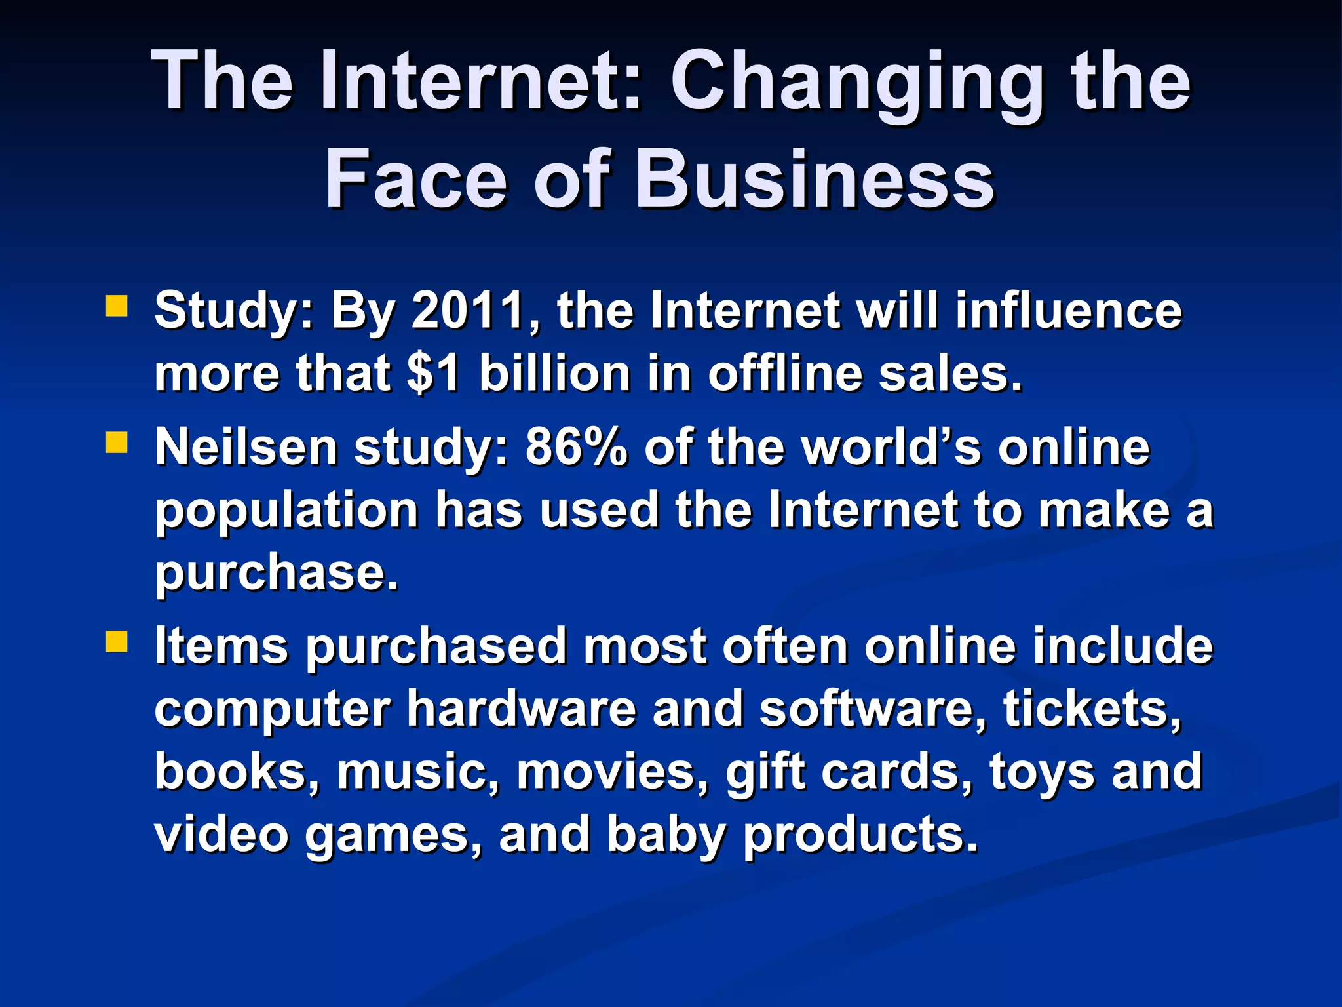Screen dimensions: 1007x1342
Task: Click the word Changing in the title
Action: tap(856, 84)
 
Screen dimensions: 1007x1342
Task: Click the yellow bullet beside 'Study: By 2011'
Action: tap(117, 306)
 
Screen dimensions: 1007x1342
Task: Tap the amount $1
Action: tap(433, 374)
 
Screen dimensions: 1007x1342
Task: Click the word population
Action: tap(286, 511)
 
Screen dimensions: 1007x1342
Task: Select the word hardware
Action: tap(521, 709)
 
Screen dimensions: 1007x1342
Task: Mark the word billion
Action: tap(555, 374)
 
